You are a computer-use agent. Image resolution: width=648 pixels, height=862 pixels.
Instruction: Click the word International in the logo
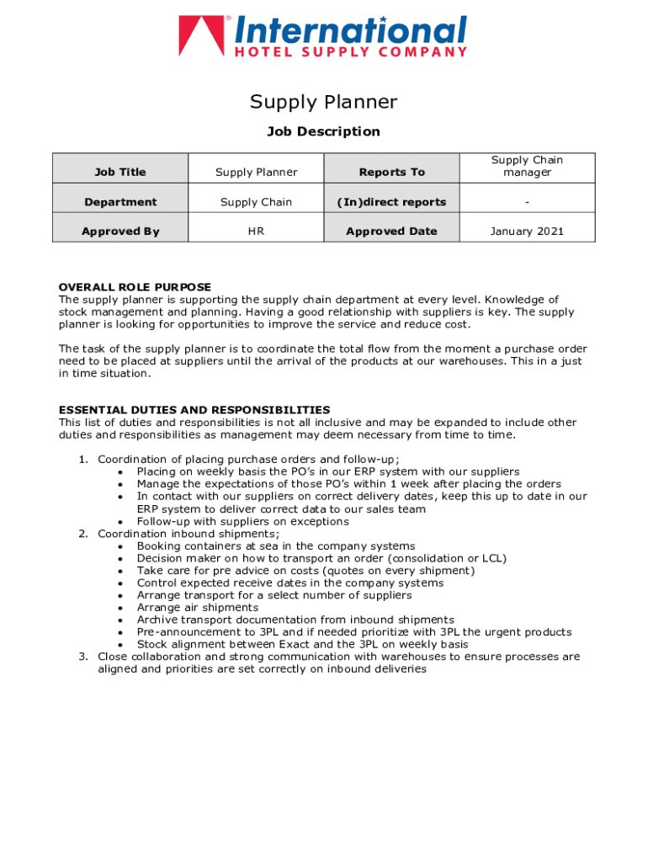350,31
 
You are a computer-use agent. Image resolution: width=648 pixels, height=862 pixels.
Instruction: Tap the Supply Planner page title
323,102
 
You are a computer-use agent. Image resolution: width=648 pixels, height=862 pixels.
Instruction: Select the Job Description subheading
323,131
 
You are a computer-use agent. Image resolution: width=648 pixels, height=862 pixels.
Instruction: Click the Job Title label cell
120,172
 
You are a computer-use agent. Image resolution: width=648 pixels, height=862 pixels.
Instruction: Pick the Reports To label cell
392,172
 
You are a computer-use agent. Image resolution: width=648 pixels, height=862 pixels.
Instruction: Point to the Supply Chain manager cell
527,166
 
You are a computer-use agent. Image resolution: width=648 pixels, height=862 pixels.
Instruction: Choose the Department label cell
120,202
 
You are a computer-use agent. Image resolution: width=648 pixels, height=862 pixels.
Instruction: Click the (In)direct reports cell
392,202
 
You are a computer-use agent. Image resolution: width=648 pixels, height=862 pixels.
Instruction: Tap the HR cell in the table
256,231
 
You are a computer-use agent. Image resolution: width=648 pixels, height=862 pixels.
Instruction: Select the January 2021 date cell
527,231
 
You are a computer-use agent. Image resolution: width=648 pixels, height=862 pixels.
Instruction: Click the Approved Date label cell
392,231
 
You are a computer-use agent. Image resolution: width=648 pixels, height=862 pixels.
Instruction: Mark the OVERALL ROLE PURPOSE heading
135,287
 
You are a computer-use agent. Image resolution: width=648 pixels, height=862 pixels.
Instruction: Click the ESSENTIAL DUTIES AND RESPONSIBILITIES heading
194,410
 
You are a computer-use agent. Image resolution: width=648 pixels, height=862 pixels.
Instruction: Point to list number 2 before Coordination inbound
82,534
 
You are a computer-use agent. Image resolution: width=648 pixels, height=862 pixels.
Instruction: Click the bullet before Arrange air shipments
122,608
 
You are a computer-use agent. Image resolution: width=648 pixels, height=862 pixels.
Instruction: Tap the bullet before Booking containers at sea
122,546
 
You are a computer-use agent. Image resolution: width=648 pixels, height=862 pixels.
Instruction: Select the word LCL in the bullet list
492,558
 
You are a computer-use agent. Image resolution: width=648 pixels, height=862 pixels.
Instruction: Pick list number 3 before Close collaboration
82,657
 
